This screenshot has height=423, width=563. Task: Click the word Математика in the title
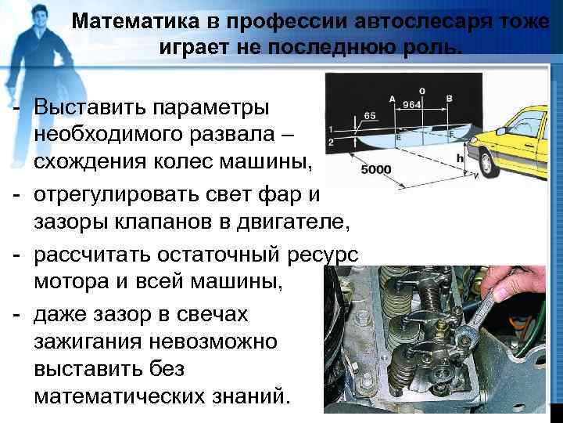(x=135, y=22)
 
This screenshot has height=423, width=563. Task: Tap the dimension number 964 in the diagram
(x=411, y=104)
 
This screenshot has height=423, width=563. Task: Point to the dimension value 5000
(x=376, y=169)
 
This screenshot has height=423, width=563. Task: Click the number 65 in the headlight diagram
(x=370, y=115)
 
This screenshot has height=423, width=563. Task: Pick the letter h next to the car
(x=461, y=157)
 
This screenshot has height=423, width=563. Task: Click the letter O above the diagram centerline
(x=422, y=92)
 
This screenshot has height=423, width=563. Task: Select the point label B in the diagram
(x=449, y=99)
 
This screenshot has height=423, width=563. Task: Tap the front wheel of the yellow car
(x=488, y=163)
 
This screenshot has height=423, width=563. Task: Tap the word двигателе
(x=293, y=222)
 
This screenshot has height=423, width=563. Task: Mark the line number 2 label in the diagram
(x=331, y=142)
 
